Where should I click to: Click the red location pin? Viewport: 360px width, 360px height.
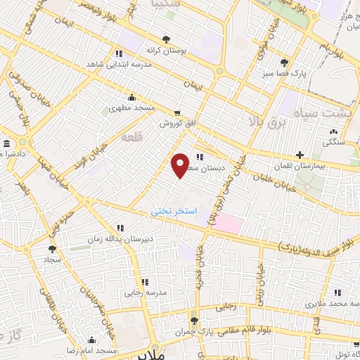pos(180,165)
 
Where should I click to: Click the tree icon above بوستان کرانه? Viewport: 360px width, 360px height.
pos(166,39)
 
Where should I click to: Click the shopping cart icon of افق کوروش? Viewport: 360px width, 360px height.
pos(177,112)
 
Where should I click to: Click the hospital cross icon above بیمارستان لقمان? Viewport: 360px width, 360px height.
pos(300,154)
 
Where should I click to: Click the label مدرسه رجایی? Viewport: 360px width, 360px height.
pos(146,291)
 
